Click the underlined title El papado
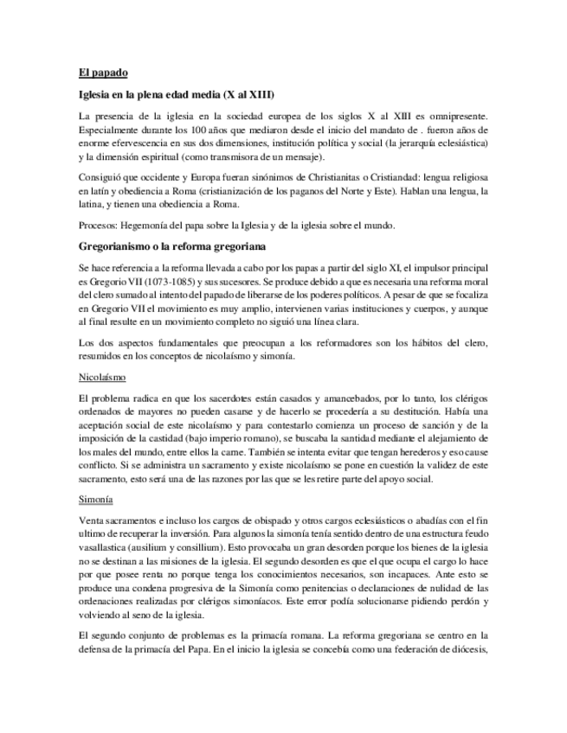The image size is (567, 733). point(102,73)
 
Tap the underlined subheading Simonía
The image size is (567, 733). point(96,500)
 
